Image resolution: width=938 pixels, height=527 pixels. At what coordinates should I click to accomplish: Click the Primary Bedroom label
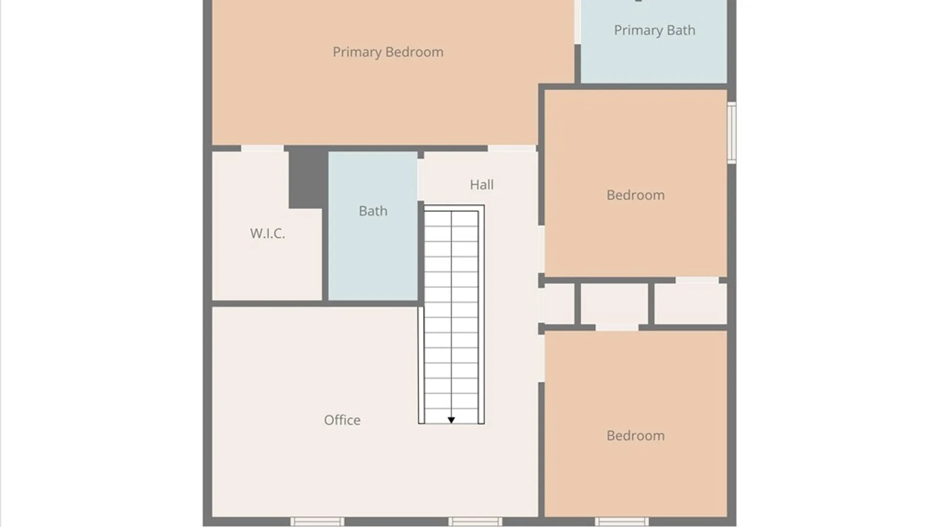[x=388, y=52]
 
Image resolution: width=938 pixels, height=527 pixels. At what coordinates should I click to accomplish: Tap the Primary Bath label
[x=654, y=30]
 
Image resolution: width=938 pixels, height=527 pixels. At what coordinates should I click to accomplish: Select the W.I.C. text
[x=267, y=233]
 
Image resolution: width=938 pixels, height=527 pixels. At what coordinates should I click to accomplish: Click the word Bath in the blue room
[x=373, y=211]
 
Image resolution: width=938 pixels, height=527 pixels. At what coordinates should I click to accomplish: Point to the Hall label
[x=482, y=185]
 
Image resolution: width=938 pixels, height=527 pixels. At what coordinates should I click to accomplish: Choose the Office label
[x=342, y=420]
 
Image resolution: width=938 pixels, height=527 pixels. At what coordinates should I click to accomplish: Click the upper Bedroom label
[x=635, y=195]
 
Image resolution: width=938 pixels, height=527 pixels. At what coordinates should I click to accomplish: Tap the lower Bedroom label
[x=635, y=436]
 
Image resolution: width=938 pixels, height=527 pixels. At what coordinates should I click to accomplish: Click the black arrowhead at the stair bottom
[x=451, y=420]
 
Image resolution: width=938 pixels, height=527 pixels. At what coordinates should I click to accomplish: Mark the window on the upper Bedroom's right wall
[x=731, y=132]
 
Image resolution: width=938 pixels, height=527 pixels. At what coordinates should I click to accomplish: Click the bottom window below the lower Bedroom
[x=621, y=522]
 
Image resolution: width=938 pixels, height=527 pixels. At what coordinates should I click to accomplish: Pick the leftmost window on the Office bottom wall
[x=317, y=522]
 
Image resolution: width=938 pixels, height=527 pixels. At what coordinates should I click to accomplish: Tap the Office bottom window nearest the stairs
[x=475, y=522]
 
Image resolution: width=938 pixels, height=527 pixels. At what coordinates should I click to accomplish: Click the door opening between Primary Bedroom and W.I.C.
[x=262, y=148]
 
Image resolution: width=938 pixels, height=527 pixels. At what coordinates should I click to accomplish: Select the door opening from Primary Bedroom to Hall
[x=512, y=148]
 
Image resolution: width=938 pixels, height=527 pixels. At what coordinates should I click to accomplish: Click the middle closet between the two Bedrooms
[x=614, y=304]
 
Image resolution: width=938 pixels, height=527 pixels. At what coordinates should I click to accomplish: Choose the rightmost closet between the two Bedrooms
[x=690, y=304]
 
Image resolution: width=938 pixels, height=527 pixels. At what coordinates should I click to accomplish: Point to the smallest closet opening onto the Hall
[x=558, y=304]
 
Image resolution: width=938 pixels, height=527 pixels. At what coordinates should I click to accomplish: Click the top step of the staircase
[x=451, y=219]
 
